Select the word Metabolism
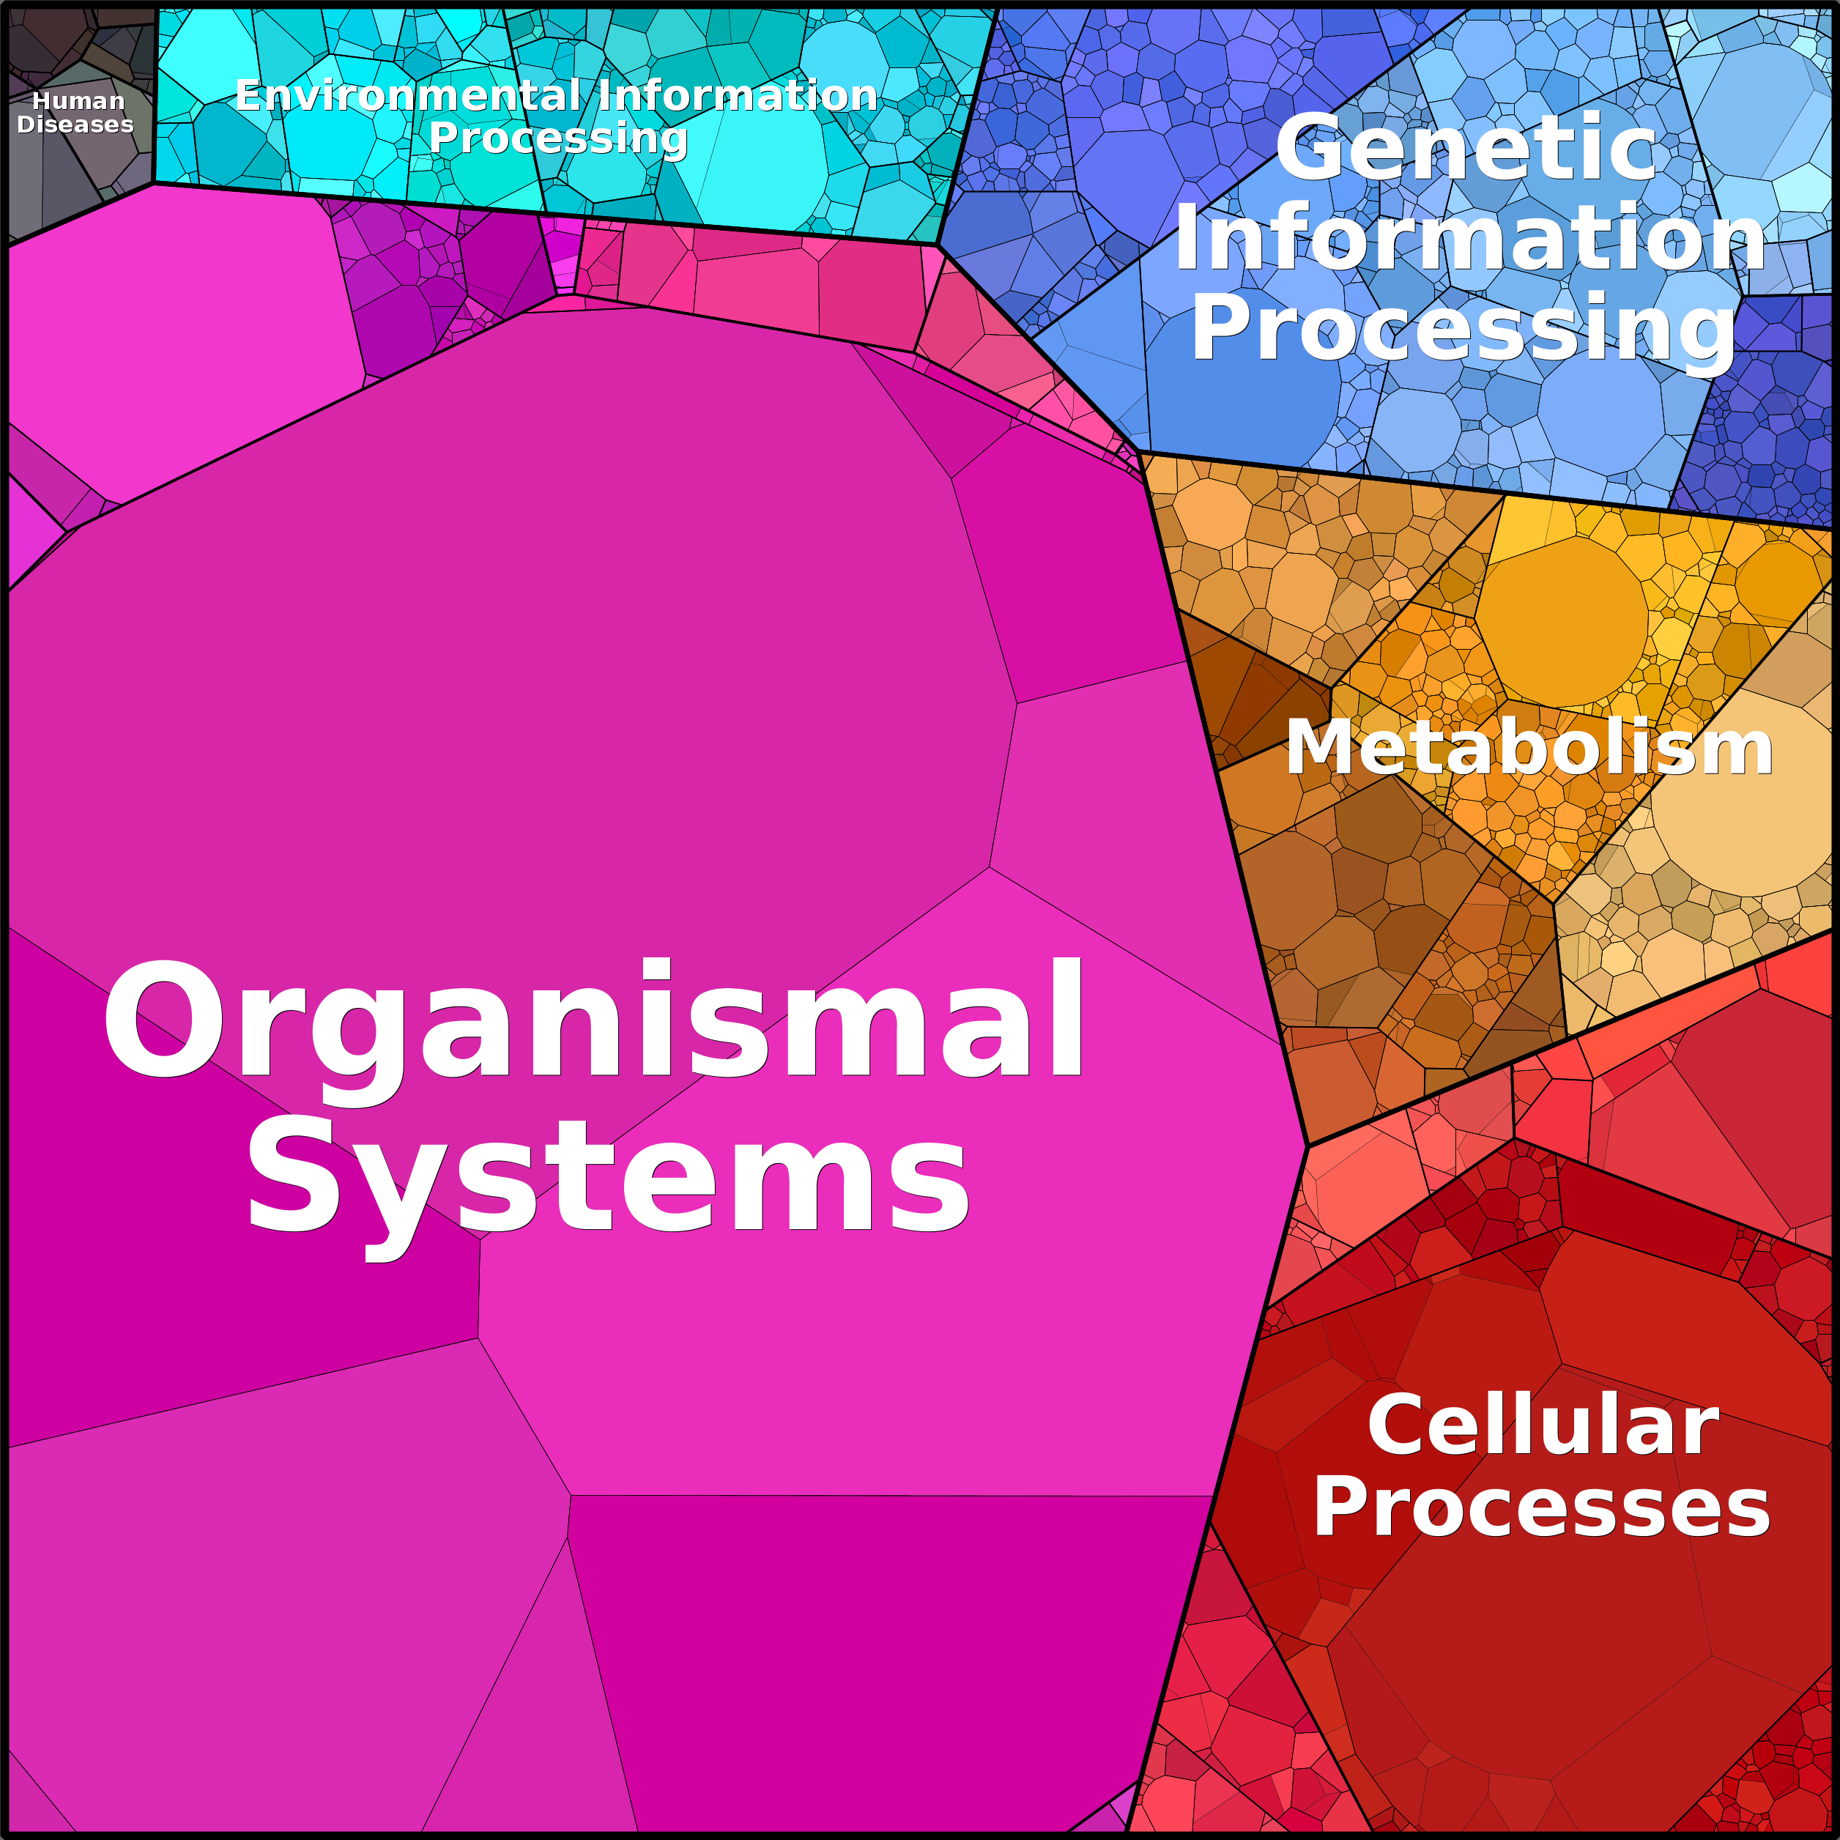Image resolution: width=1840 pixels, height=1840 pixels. coord(1529,748)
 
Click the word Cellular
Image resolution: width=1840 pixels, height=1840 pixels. coord(1543,1425)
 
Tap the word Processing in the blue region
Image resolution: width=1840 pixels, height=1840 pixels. coord(1464,330)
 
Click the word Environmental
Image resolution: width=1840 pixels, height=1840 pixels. coord(413,95)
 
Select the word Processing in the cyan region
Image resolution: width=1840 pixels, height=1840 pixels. coord(558,139)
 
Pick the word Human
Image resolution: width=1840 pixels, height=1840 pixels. coord(78,101)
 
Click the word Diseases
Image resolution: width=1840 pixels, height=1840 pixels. coord(75,124)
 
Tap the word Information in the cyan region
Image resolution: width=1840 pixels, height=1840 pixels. coord(738,95)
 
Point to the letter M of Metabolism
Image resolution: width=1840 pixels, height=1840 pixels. coord(1318,748)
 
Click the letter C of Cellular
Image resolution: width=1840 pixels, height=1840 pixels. coord(1396,1425)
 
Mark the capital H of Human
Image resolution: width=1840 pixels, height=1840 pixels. coord(41,101)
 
